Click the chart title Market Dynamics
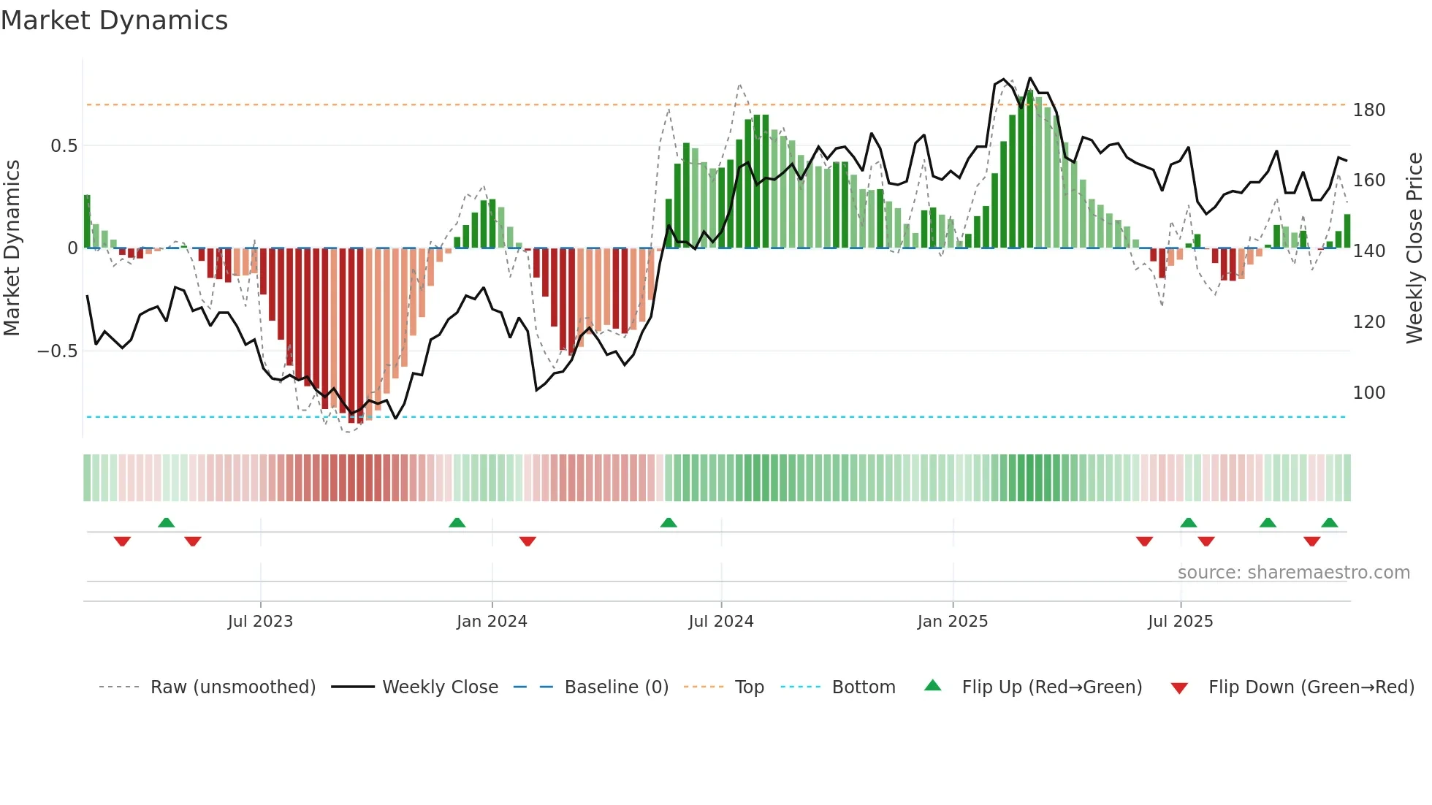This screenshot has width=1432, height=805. (114, 20)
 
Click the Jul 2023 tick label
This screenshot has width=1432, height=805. (260, 622)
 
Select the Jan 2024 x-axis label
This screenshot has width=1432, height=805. (492, 622)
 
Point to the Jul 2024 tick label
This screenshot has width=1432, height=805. (720, 622)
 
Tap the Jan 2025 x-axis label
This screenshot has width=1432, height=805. (952, 622)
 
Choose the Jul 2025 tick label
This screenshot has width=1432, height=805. (1180, 622)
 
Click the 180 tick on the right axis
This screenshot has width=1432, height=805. (1368, 110)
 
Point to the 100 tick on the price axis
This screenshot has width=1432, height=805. (1368, 393)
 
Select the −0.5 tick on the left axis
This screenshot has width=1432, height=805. (57, 351)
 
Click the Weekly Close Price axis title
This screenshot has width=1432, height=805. (1415, 248)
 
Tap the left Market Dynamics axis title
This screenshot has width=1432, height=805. (12, 248)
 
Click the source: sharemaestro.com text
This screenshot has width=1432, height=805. (1293, 573)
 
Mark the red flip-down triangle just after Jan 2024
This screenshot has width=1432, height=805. (528, 541)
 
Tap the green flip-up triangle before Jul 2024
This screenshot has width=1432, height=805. (669, 522)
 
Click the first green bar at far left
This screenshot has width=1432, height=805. (87, 221)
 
